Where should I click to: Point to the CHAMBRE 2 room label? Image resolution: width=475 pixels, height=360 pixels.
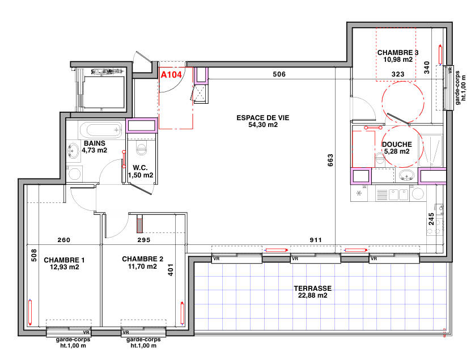(x=142, y=259)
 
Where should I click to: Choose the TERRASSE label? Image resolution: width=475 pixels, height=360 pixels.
(x=310, y=288)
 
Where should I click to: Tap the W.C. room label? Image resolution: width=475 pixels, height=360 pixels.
(x=141, y=168)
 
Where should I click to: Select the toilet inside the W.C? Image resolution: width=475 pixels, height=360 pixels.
(x=141, y=149)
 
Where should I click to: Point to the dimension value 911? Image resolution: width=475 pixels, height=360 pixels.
(x=316, y=240)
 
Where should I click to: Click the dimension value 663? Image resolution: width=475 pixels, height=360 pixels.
(x=330, y=162)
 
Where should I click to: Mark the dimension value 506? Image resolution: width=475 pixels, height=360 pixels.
(x=279, y=74)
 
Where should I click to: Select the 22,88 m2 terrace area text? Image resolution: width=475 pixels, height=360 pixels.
(x=310, y=295)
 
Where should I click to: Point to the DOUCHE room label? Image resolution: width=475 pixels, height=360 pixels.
(x=397, y=145)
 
